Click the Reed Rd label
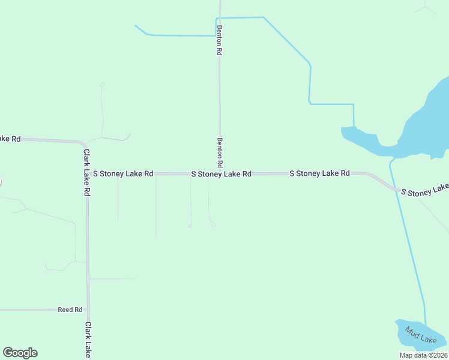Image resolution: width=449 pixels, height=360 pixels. click(70, 310)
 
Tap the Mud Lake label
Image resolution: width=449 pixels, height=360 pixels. click(420, 335)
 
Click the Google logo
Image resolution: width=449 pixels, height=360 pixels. click(20, 353)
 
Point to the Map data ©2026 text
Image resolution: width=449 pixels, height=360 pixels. click(423, 355)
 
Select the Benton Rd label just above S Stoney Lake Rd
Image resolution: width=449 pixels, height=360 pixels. click(220, 152)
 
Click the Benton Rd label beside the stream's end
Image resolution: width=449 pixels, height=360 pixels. click(220, 40)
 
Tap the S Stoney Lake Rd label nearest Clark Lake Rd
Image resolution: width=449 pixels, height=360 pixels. click(123, 173)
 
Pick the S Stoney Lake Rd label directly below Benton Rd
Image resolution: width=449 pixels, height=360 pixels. click(221, 174)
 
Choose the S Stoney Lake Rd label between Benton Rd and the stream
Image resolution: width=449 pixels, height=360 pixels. click(319, 173)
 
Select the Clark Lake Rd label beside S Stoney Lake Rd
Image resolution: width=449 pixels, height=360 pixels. click(87, 173)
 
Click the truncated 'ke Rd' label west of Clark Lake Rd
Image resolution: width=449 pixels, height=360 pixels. click(10, 139)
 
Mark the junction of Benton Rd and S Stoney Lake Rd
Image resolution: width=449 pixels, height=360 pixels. click(220, 173)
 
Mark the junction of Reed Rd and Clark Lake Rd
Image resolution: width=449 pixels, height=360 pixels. click(88, 310)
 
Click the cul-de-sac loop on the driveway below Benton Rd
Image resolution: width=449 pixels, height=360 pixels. click(212, 224)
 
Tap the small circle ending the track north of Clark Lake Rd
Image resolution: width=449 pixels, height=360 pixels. click(102, 85)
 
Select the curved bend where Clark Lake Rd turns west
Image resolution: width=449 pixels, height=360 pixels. click(83, 143)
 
